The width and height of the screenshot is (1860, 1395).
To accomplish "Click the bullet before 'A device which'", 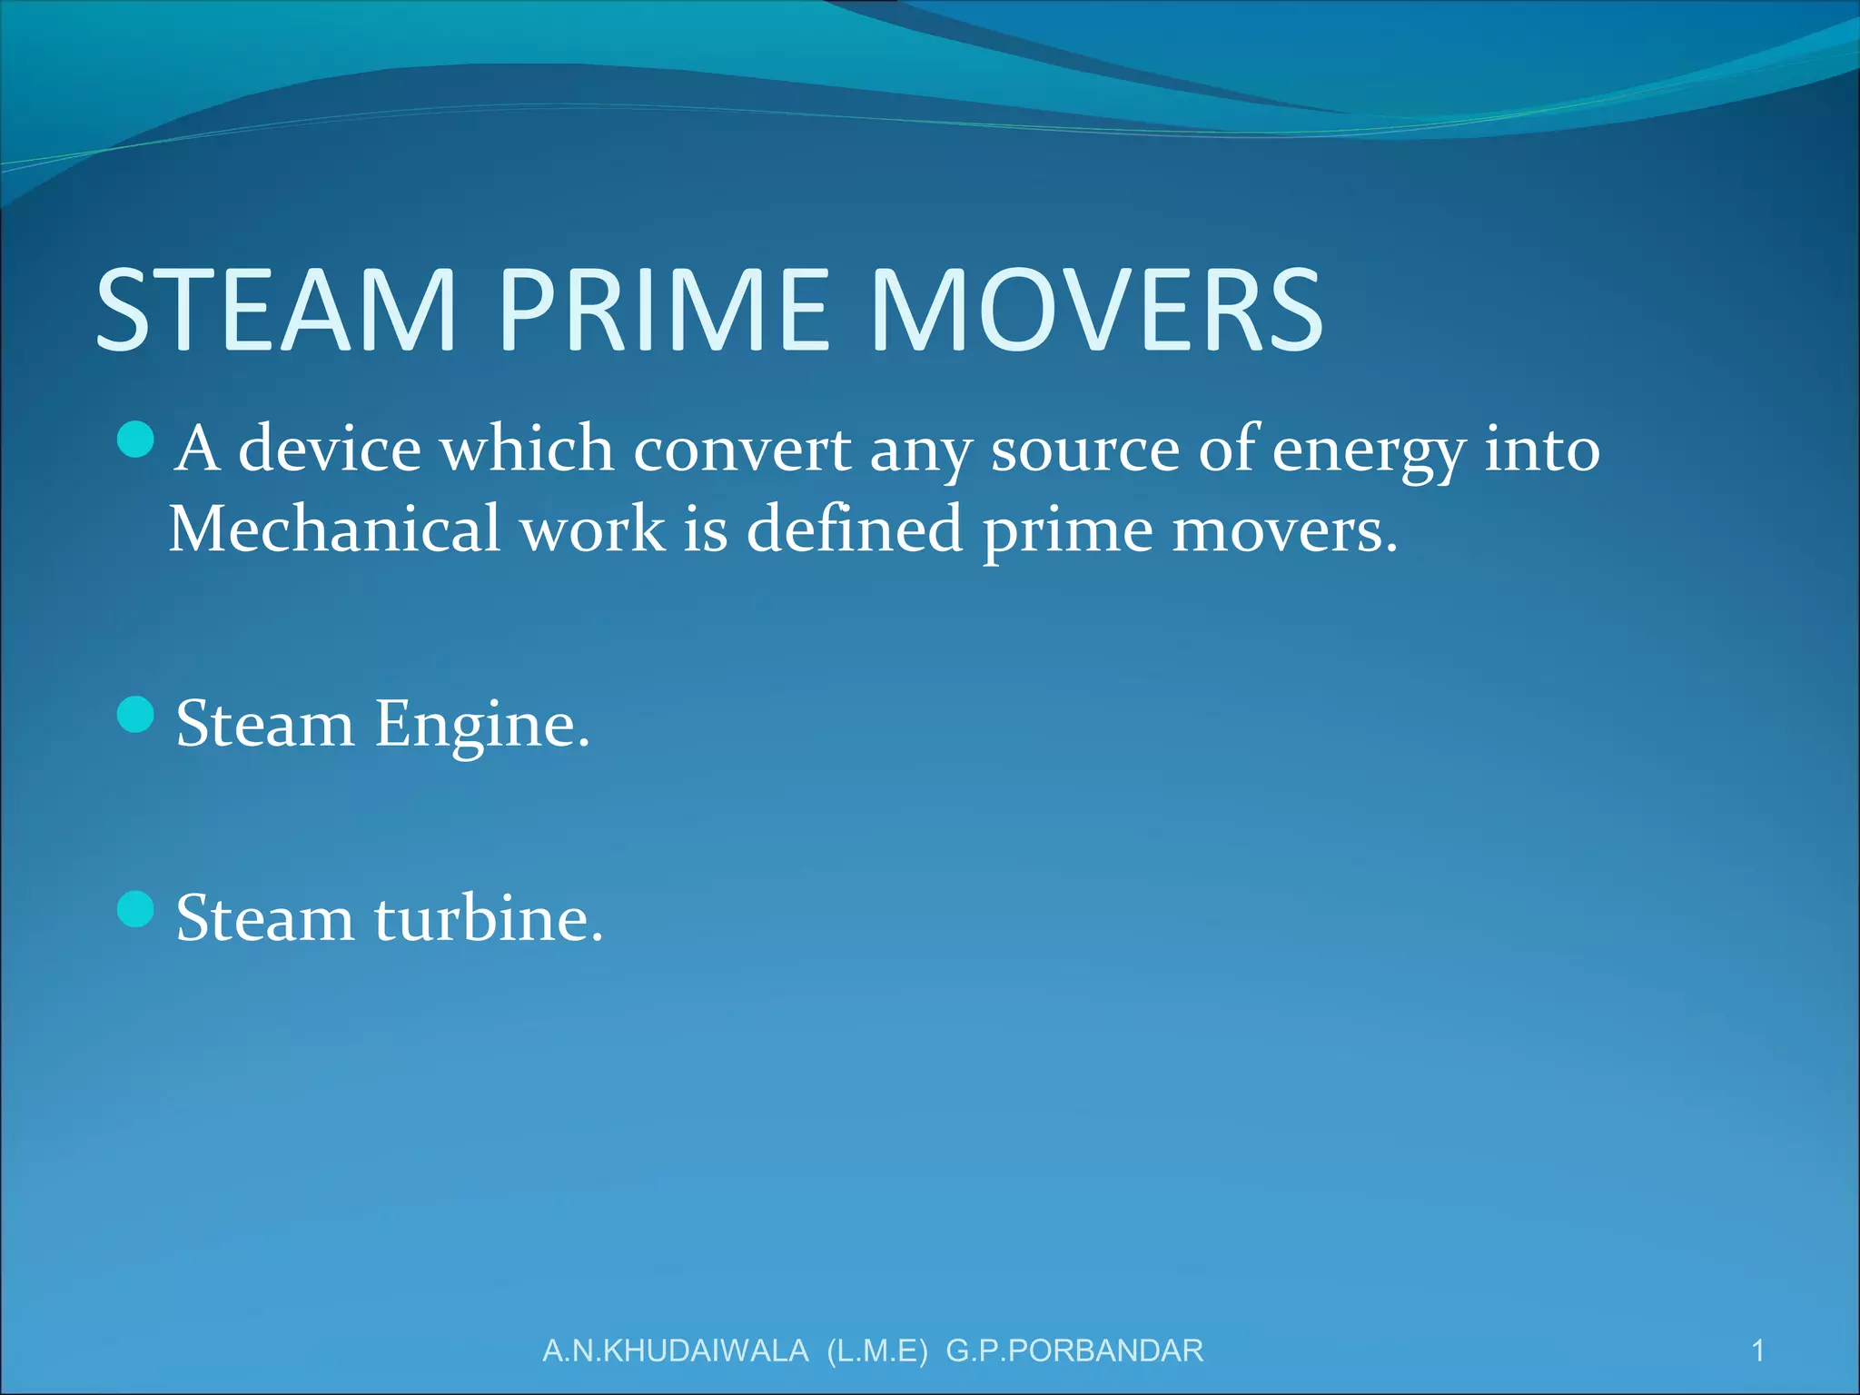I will point(136,440).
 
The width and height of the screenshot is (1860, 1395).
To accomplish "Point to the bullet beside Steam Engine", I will point(136,714).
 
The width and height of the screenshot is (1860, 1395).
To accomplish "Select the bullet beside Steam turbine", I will point(136,908).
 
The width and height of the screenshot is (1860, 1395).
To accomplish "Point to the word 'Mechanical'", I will point(334,529).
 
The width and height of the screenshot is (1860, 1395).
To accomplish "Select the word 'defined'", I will point(854,529).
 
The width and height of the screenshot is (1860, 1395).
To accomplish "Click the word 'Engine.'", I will point(482,726).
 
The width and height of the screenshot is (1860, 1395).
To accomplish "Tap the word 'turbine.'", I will point(489,918).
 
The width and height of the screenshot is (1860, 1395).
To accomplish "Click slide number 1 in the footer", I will point(1757,1350).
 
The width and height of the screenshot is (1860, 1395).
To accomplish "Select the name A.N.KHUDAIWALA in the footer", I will point(675,1350).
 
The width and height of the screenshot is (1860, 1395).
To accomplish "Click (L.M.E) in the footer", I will point(877,1350).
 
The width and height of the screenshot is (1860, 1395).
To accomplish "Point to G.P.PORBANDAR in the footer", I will point(1074,1350).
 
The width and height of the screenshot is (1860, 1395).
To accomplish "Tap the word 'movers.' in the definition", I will point(1284,529).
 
